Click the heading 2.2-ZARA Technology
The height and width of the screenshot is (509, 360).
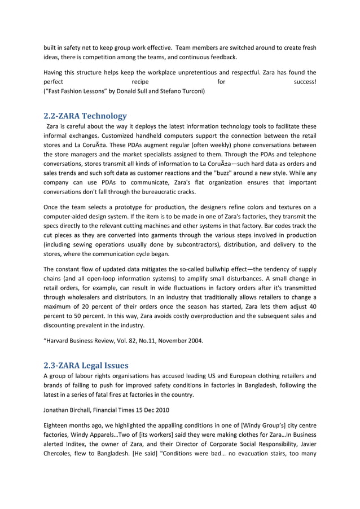tap(85, 116)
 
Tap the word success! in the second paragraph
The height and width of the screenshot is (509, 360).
tap(305, 82)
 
